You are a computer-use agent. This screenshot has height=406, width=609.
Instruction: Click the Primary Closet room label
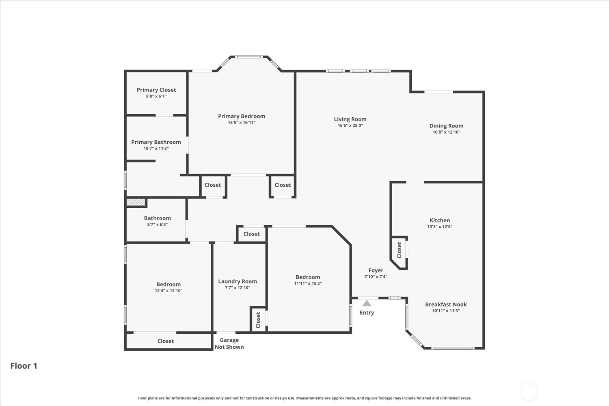[156, 90]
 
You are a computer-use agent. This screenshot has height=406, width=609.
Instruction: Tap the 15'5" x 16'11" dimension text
[242, 123]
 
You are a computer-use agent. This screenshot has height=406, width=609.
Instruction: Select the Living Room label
[350, 119]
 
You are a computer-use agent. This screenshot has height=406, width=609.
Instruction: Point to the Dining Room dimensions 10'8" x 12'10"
[447, 132]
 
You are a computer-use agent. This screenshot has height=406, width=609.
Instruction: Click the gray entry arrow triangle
[367, 303]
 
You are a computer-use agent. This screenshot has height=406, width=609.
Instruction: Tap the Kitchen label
[440, 220]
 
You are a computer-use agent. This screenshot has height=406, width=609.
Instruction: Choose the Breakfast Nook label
[446, 304]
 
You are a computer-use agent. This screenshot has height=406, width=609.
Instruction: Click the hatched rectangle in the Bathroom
[136, 202]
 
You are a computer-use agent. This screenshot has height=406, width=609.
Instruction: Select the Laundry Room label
[238, 281]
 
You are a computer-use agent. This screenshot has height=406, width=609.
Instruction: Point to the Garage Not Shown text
[229, 343]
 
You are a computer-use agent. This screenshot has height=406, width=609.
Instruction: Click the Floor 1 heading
[24, 366]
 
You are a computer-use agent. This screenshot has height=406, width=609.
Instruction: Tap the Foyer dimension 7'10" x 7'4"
[376, 276]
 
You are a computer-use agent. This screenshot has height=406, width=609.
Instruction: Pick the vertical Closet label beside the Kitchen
[399, 250]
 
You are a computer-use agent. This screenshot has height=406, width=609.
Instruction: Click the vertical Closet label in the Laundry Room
[258, 320]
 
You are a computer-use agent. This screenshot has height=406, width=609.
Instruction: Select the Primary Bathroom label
[156, 142]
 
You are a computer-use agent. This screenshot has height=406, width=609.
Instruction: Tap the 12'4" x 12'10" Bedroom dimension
[168, 291]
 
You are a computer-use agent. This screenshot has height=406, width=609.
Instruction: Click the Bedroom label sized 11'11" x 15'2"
[308, 277]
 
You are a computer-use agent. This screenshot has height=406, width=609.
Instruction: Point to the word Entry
[367, 313]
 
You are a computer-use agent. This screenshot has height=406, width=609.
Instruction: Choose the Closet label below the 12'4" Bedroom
[166, 341]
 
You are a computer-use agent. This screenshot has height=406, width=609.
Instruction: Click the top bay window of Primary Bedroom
[249, 57]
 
